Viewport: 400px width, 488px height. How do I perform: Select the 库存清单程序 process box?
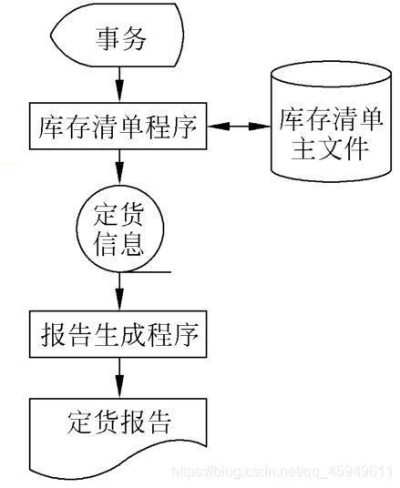[119, 126]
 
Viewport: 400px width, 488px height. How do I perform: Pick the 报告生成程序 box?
[119, 334]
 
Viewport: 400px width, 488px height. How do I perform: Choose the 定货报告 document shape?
[119, 428]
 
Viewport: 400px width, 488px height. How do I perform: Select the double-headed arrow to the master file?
[240, 126]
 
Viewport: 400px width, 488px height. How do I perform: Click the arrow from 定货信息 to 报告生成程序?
[119, 294]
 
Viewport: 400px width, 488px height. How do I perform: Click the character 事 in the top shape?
[107, 39]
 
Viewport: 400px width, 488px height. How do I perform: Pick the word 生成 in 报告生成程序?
[119, 334]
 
